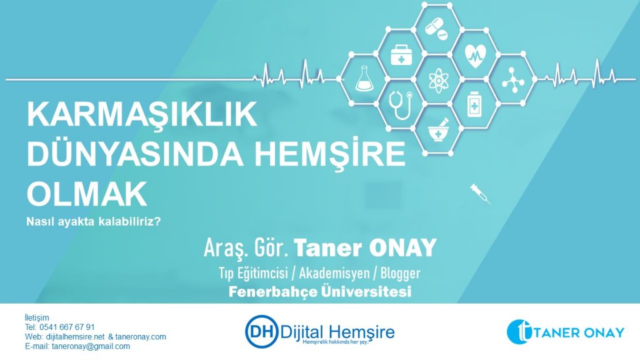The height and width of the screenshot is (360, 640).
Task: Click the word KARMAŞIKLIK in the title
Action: coord(142,114)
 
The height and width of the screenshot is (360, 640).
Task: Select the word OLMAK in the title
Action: coord(87,194)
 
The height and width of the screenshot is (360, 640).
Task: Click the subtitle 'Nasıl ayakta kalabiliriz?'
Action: coord(94,222)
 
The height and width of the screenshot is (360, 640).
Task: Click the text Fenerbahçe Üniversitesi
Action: coord(320,291)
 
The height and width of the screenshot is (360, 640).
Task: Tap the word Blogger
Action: coord(401,274)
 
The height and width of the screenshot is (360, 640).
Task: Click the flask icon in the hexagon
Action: coord(362,79)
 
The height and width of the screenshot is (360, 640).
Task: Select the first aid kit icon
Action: coord(401,55)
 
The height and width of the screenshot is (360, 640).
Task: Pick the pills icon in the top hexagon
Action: coord(436,29)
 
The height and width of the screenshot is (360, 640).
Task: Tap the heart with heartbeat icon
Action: coord(475,55)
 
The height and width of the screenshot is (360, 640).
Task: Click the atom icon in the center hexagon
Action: coord(438,80)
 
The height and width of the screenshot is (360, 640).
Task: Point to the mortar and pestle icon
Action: coord(438,130)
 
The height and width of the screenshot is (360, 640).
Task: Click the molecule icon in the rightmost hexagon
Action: coord(512,80)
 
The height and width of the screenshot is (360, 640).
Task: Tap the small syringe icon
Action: coord(480,194)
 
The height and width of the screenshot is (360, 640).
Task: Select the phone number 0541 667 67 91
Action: coord(67,327)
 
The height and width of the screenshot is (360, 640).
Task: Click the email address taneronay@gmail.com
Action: coord(91,346)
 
